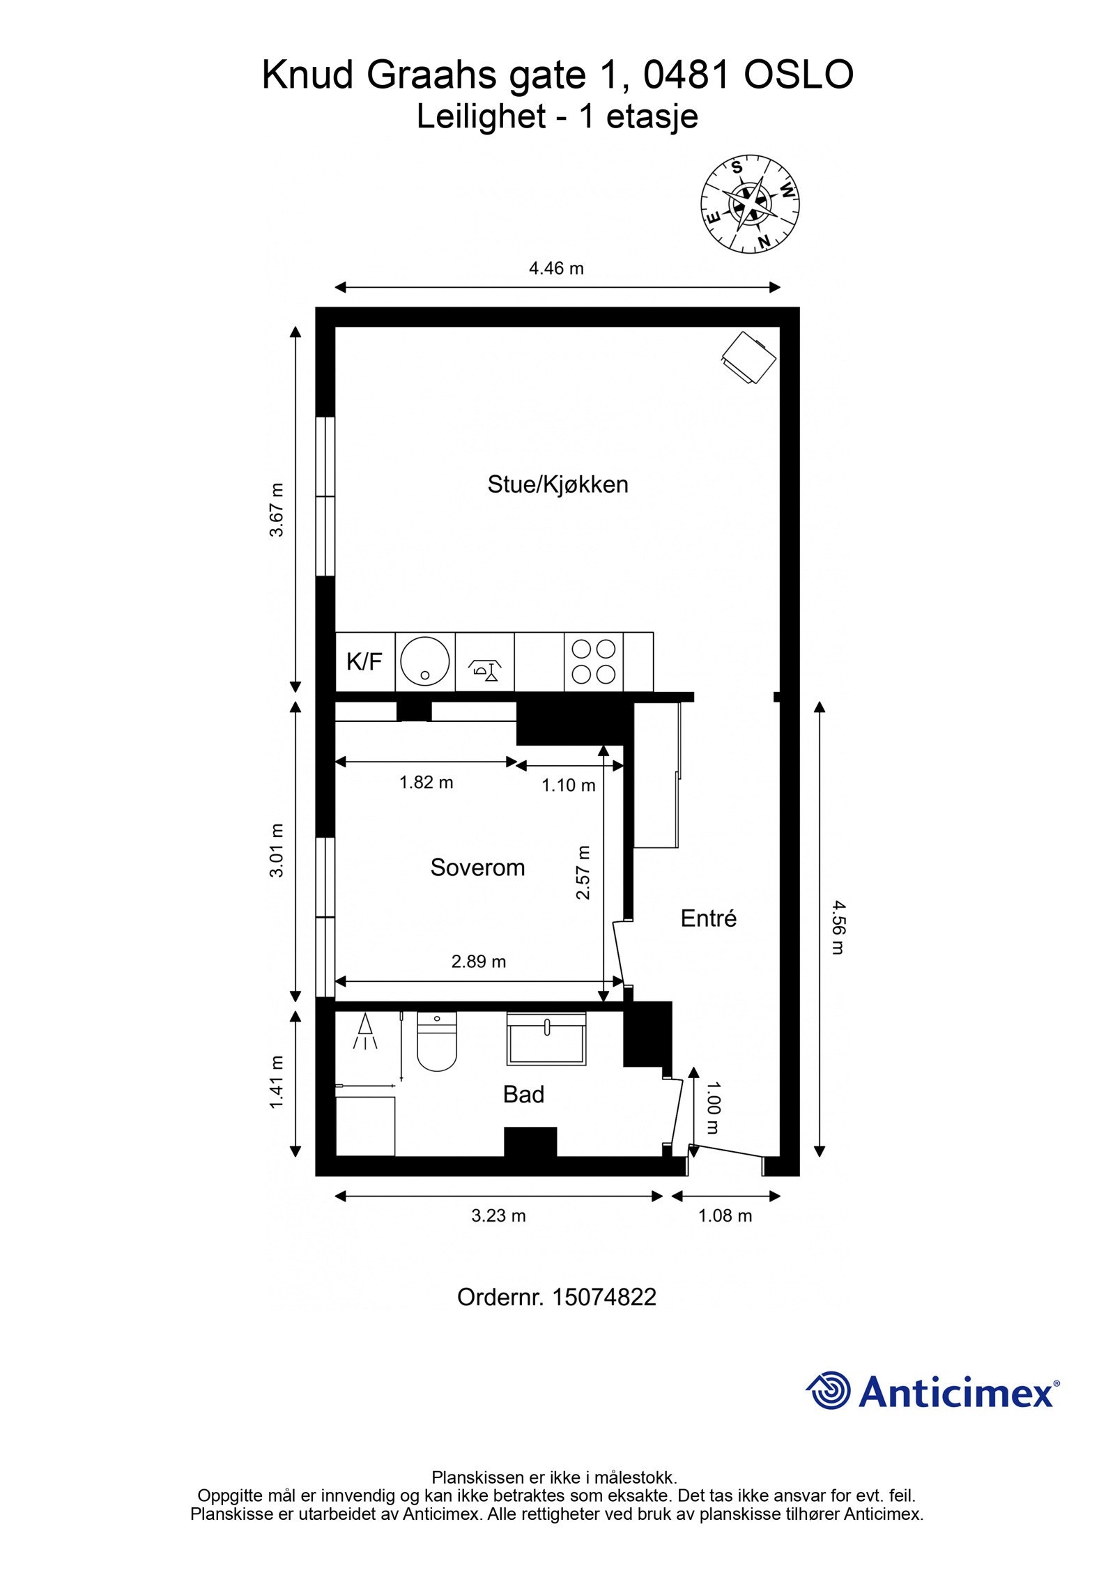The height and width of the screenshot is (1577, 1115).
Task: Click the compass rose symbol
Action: coord(750,203)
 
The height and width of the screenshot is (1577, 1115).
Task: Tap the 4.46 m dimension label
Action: coord(555,268)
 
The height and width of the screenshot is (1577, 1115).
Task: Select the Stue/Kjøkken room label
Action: coord(557,484)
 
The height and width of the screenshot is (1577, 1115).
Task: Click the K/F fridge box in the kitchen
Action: coord(364,661)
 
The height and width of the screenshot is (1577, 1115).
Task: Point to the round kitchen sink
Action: coord(424,661)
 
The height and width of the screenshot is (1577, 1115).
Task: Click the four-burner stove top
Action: coord(593,661)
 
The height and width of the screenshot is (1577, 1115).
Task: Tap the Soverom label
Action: coord(477,867)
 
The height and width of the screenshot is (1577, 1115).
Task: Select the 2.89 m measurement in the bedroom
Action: coord(478,962)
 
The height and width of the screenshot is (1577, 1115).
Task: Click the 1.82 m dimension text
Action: coord(426,782)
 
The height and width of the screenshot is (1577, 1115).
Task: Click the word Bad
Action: coord(523,1094)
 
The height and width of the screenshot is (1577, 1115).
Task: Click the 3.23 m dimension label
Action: coord(498,1216)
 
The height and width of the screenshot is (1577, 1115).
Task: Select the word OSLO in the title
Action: coord(798,75)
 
